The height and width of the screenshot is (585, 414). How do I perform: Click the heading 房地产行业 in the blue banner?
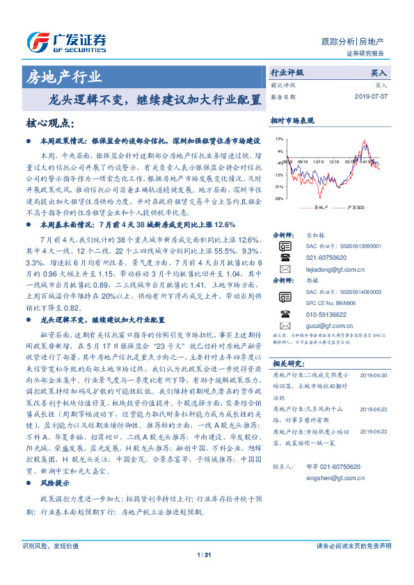(63, 76)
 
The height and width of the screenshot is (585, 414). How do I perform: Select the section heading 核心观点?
(49, 123)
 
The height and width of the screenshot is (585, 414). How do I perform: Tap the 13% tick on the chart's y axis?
(278, 140)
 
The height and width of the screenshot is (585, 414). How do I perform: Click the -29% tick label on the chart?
(278, 199)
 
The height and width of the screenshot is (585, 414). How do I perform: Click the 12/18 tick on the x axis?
(334, 160)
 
